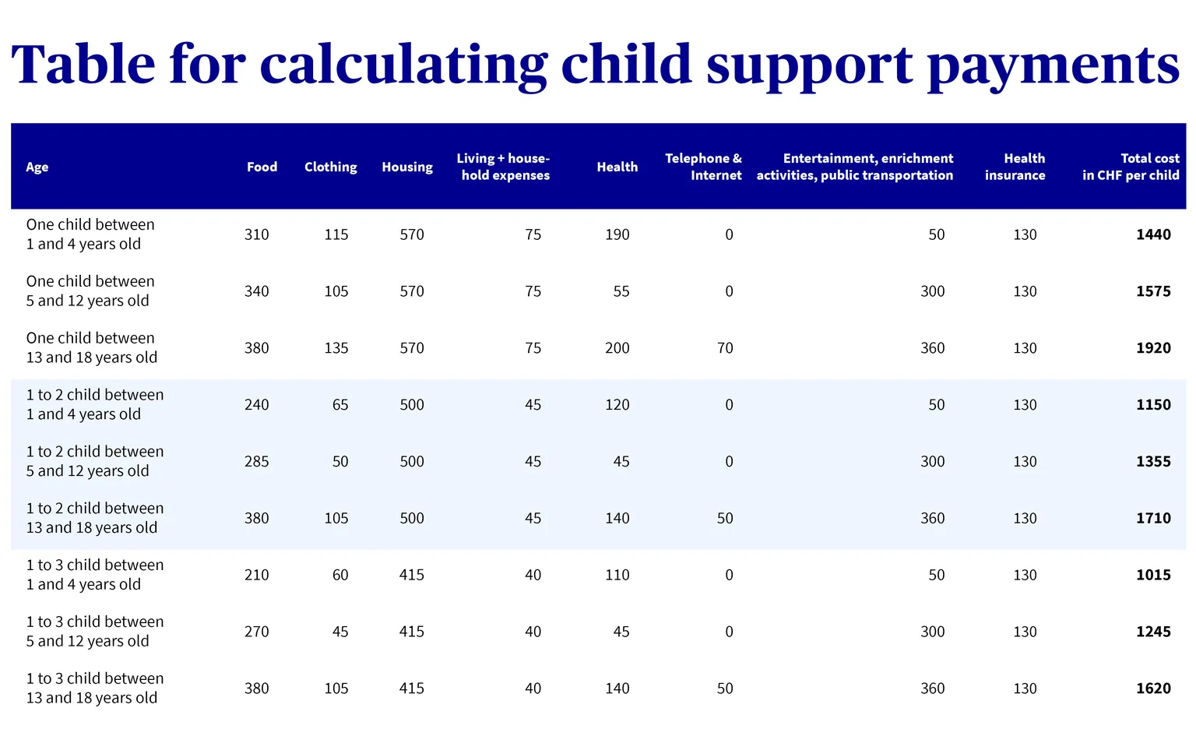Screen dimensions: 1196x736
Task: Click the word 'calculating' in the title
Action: [x=403, y=65]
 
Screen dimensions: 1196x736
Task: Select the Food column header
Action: [x=262, y=167]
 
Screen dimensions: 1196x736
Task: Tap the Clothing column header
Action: [x=330, y=167]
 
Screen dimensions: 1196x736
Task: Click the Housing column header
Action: [x=407, y=167]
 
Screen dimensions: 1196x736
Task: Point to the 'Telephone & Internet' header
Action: [x=703, y=167]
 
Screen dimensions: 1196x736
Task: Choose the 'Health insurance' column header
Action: [x=1015, y=167]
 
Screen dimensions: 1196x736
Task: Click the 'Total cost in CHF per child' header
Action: [x=1131, y=167]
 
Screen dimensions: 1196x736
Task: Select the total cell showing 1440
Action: [x=1153, y=234]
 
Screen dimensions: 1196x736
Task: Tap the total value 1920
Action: [x=1153, y=347]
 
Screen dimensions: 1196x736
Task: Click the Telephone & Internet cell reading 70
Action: [x=725, y=347]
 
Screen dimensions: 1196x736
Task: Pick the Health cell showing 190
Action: [x=617, y=234]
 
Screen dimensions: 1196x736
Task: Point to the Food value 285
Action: [x=256, y=461]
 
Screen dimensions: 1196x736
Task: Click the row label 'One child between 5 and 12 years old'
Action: [x=90, y=291]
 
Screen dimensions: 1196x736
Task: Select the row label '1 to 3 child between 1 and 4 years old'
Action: [x=95, y=574]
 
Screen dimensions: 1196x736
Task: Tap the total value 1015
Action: [x=1153, y=575]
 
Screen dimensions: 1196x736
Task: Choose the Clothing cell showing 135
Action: [x=336, y=347]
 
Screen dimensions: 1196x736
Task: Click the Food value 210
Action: [x=256, y=575]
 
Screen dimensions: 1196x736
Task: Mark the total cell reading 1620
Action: [x=1153, y=688]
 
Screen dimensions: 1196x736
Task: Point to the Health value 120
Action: [x=617, y=404]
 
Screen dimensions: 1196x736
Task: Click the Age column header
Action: [x=37, y=167]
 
